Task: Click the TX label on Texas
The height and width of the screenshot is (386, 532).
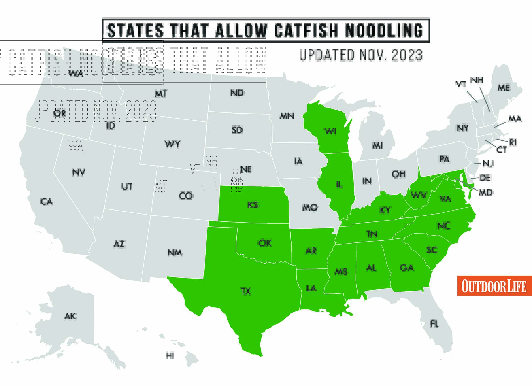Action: pyautogui.click(x=246, y=291)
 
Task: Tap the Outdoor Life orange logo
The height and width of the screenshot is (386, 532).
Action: pyautogui.click(x=494, y=286)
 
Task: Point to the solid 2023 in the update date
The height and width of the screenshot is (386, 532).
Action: pyautogui.click(x=407, y=55)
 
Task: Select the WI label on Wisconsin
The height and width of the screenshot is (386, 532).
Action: pyautogui.click(x=330, y=131)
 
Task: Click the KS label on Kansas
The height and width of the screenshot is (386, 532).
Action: pyautogui.click(x=253, y=205)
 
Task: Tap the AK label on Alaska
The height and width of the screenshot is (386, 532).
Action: pyautogui.click(x=70, y=316)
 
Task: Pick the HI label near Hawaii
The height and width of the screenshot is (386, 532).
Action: pyautogui.click(x=170, y=355)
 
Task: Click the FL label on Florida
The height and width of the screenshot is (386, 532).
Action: pyautogui.click(x=434, y=324)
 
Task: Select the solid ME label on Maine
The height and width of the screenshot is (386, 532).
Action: pyautogui.click(x=504, y=88)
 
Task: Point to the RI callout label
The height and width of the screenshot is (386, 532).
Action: pyautogui.click(x=513, y=142)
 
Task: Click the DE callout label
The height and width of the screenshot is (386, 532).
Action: pyautogui.click(x=485, y=178)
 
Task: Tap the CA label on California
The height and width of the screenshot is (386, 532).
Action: pyautogui.click(x=47, y=202)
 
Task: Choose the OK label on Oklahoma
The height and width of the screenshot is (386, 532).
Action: pyautogui.click(x=265, y=243)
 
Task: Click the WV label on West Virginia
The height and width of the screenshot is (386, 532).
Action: pyautogui.click(x=419, y=195)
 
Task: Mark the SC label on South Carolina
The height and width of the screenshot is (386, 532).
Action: pyautogui.click(x=432, y=250)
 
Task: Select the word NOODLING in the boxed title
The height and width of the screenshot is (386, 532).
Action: pyautogui.click(x=384, y=31)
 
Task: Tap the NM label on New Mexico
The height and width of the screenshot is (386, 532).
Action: pyautogui.click(x=175, y=252)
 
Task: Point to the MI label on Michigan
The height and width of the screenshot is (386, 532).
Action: pyautogui.click(x=377, y=145)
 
